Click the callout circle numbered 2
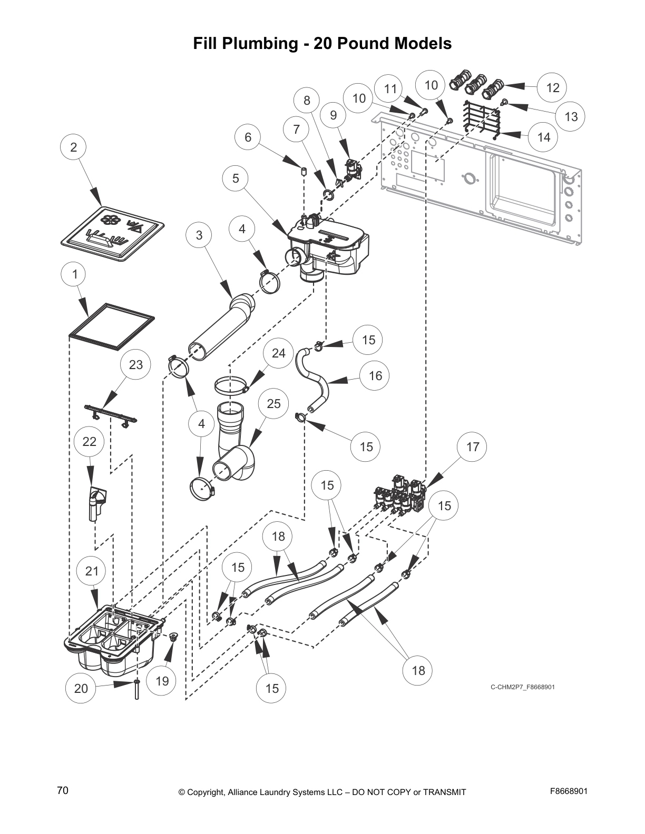[x=74, y=147]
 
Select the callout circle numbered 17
[x=473, y=447]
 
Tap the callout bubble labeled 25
[x=274, y=404]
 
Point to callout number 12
[x=552, y=87]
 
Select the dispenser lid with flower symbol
[x=112, y=233]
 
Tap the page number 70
[x=63, y=790]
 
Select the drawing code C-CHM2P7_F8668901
[x=523, y=687]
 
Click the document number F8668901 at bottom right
[x=569, y=791]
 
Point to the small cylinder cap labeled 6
[x=304, y=171]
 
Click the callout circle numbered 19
[x=162, y=681]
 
